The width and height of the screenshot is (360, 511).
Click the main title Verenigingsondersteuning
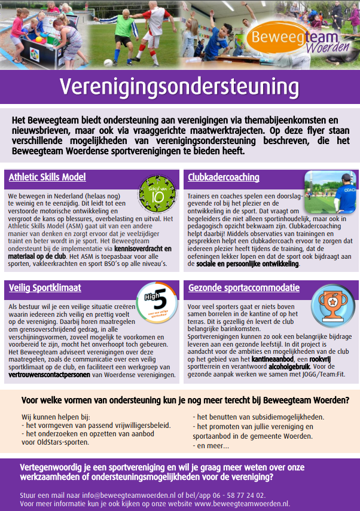point(179,86)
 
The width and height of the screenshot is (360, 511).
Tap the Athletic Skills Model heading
point(47,177)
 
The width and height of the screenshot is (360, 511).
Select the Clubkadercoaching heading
point(223,177)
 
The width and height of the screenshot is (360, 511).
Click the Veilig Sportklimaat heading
point(45,287)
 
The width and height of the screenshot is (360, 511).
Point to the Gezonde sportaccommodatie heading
point(243,287)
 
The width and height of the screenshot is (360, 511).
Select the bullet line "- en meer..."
point(210,445)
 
